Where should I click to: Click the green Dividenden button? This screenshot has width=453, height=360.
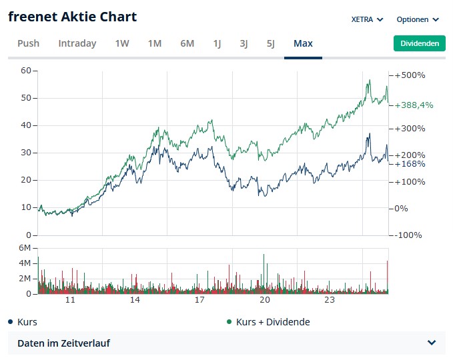419,43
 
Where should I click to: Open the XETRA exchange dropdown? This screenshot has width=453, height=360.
367,19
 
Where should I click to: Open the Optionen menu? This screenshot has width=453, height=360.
418,19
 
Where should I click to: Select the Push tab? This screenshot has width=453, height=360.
28,43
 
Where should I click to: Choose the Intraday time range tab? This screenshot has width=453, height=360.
77,43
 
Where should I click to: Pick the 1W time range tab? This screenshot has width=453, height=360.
122,43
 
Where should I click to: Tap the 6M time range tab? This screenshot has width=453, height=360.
187,43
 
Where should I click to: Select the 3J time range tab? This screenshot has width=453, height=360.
244,43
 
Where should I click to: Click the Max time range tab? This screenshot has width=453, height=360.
303,43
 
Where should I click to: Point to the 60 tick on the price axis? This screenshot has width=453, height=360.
26,71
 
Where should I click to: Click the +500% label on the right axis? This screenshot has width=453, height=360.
410,75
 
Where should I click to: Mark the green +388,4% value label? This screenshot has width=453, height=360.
414,105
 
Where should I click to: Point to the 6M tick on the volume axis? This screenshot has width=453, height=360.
25,248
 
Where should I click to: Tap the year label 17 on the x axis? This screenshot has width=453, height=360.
199,300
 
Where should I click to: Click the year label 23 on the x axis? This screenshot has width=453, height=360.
330,300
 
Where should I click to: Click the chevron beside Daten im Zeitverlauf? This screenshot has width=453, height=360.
432,343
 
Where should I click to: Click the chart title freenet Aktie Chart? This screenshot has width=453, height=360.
72,17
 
